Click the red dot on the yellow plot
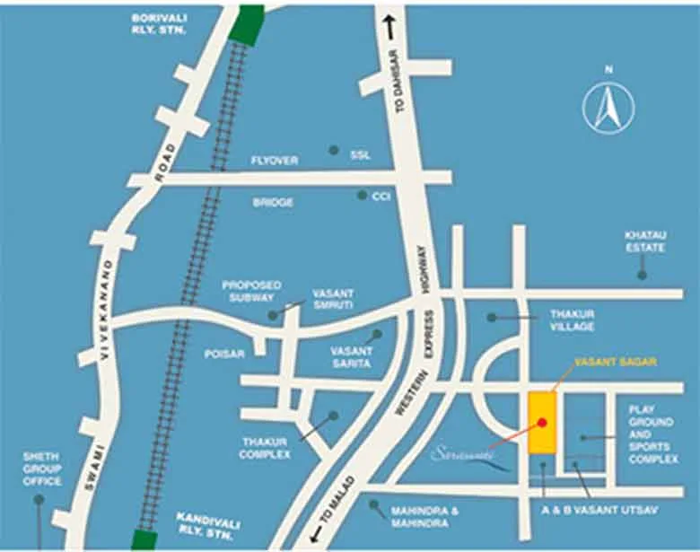tap(541, 421)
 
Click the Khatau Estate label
tap(644, 241)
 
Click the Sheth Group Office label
tap(41, 469)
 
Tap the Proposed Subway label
tap(251, 291)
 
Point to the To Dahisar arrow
tap(389, 28)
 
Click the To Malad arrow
tap(317, 535)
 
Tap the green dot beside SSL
tap(334, 150)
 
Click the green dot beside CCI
tap(362, 195)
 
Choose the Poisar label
tap(223, 354)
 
